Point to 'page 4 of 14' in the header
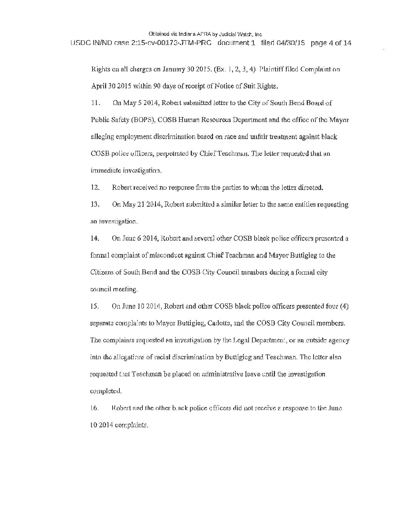coord(331,43)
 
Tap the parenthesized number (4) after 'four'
coord(344,306)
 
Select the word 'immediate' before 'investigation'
coord(105,171)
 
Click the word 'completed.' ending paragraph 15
coord(106,391)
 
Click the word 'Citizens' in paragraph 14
coord(102,272)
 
